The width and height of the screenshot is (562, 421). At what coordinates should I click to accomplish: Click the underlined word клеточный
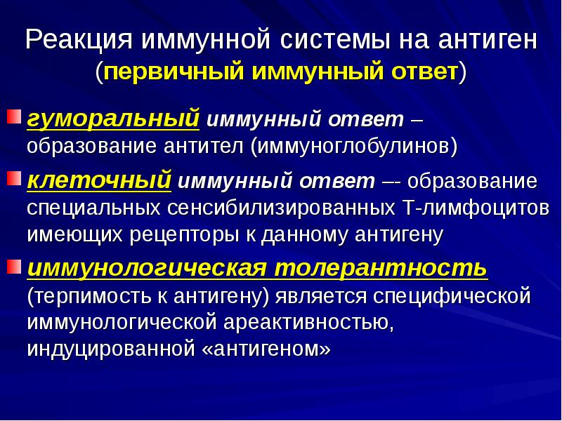99,181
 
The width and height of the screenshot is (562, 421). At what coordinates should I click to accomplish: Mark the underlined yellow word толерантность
379,269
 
